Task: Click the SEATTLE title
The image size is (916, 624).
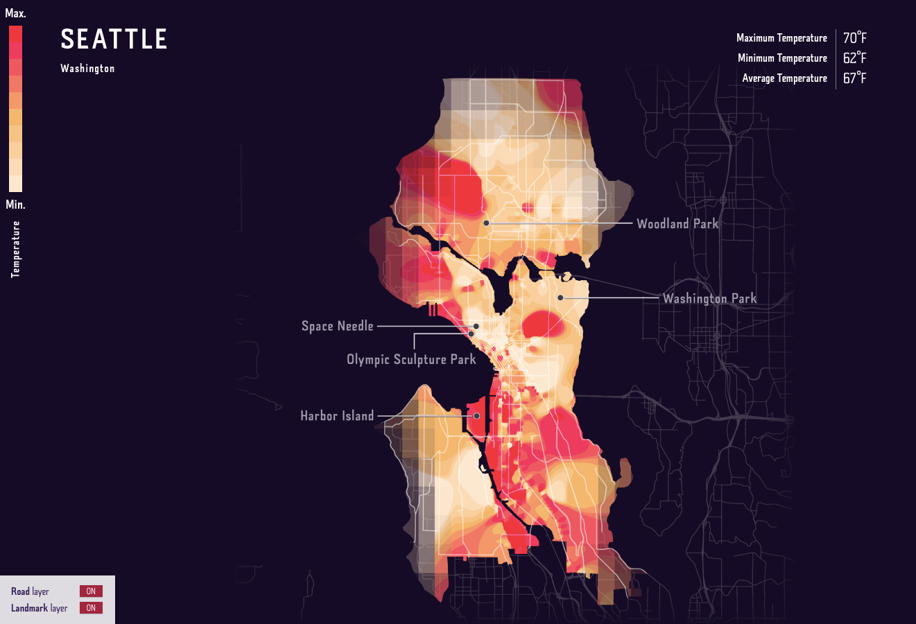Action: click(x=114, y=40)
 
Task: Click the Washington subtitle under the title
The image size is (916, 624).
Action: click(x=87, y=69)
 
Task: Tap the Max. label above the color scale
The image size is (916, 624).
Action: click(x=15, y=13)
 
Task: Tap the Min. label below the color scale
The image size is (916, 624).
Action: click(x=15, y=205)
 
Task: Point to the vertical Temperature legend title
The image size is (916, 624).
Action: click(x=16, y=250)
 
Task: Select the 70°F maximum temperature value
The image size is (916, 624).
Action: click(x=854, y=38)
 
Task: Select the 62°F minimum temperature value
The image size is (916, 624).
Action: click(x=854, y=58)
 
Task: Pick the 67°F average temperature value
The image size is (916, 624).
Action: click(x=854, y=78)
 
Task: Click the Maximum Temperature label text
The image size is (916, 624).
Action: click(x=781, y=38)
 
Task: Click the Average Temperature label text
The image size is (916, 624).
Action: click(x=784, y=78)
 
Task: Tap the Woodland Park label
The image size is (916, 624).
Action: click(x=677, y=224)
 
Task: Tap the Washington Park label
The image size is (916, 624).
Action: click(x=709, y=299)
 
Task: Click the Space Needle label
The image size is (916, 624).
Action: click(x=337, y=326)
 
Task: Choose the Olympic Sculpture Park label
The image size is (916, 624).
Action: click(x=411, y=359)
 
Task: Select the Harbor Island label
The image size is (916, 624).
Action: click(x=337, y=416)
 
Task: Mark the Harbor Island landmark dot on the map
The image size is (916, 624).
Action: click(x=477, y=416)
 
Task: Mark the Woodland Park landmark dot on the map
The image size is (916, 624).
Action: click(x=487, y=223)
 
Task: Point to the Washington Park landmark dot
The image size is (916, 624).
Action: click(x=560, y=298)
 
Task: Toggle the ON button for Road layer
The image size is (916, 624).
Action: click(x=91, y=591)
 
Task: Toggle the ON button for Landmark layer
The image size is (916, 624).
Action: click(x=91, y=608)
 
